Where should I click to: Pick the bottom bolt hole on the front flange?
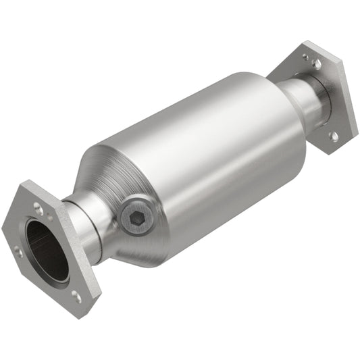pos(76,295)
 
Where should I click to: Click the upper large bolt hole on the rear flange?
pos(316,63)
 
